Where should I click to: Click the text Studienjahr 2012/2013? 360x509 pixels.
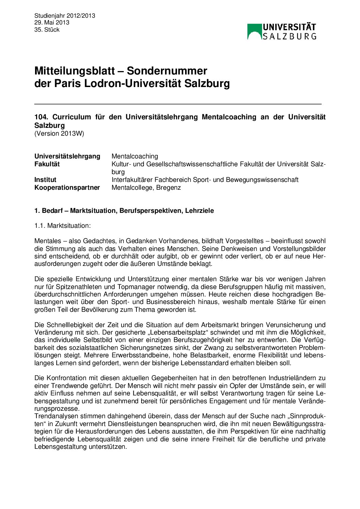[65, 16]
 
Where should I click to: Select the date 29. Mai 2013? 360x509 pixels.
[52, 23]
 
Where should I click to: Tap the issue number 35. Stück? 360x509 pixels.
[47, 30]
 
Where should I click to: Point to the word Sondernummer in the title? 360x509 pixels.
[167, 71]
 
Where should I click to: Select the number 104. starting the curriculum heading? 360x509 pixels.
[42, 117]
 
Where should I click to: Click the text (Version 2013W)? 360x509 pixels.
[59, 134]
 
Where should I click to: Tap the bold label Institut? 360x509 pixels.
[45, 180]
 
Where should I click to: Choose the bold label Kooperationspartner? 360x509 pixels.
[67, 187]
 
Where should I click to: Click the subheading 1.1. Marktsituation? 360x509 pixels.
[63, 226]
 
